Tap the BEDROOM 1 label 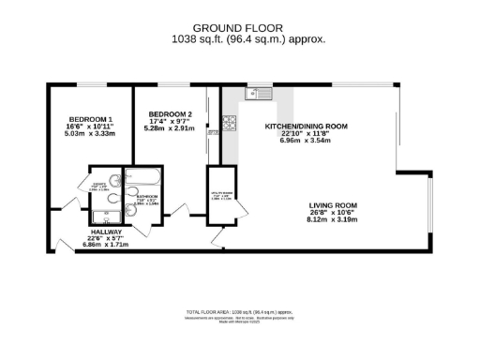click(x=90, y=120)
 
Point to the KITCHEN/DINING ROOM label click(x=307, y=126)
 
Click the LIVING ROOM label click(x=334, y=205)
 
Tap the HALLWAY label click(x=106, y=231)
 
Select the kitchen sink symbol click(x=258, y=93)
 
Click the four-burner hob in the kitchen click(x=228, y=123)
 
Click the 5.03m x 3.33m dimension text click(x=91, y=134)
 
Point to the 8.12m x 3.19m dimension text click(x=334, y=218)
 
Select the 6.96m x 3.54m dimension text click(x=307, y=141)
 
